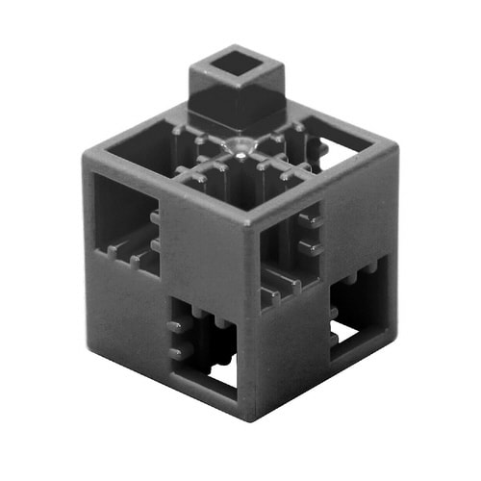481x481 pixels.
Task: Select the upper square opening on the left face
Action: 126,227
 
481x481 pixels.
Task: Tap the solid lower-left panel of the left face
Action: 130,308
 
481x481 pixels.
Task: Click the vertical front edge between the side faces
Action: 253,317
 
